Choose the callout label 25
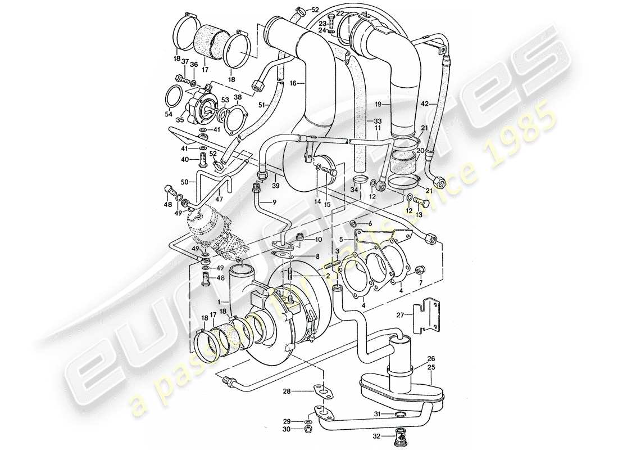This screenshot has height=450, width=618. [x=431, y=367]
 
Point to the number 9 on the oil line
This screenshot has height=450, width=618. [x=275, y=202]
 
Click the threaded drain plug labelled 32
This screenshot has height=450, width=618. [x=401, y=436]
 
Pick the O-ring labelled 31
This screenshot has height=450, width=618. [x=400, y=415]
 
